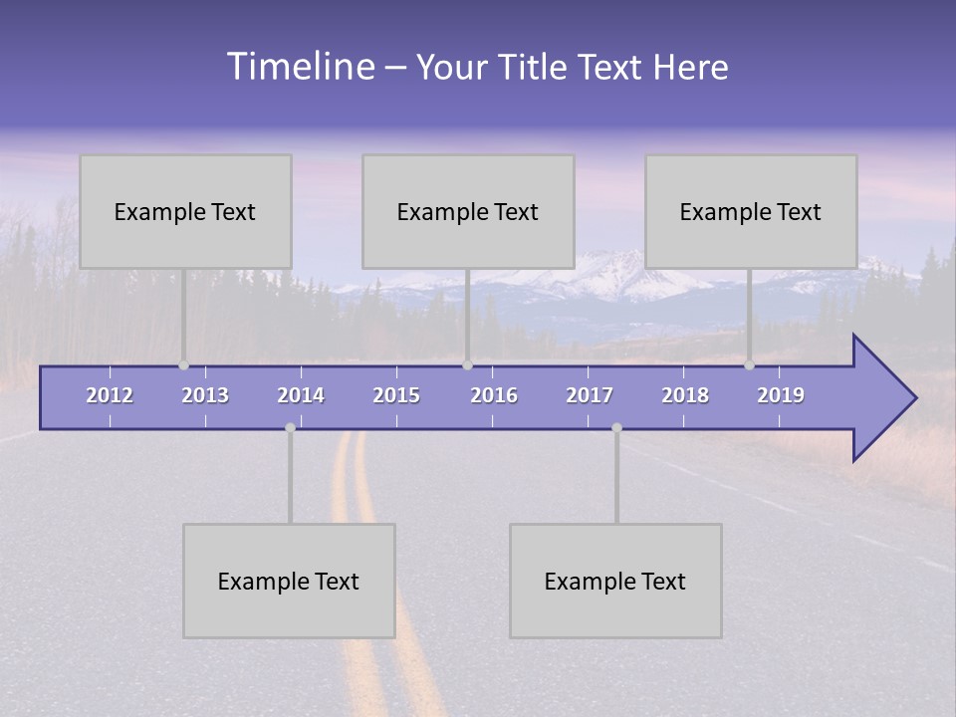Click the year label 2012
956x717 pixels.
[110, 395]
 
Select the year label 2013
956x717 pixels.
[205, 395]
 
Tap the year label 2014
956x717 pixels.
[301, 395]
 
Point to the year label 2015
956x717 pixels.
[396, 395]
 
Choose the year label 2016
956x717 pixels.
[494, 395]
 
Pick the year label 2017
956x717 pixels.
[590, 395]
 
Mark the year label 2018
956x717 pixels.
[685, 395]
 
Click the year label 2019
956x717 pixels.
[781, 395]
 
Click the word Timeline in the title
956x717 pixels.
[300, 67]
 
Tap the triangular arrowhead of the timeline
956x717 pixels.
[881, 398]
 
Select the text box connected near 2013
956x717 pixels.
[185, 211]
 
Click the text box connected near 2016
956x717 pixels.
[468, 211]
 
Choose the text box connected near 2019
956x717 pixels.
[751, 211]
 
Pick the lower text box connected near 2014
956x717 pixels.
[289, 581]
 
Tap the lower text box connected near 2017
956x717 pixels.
[615, 581]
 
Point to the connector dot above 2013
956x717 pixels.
[183, 365]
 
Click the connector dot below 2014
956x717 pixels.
[290, 428]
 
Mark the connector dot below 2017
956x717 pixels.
[616, 428]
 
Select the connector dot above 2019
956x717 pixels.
[749, 365]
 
